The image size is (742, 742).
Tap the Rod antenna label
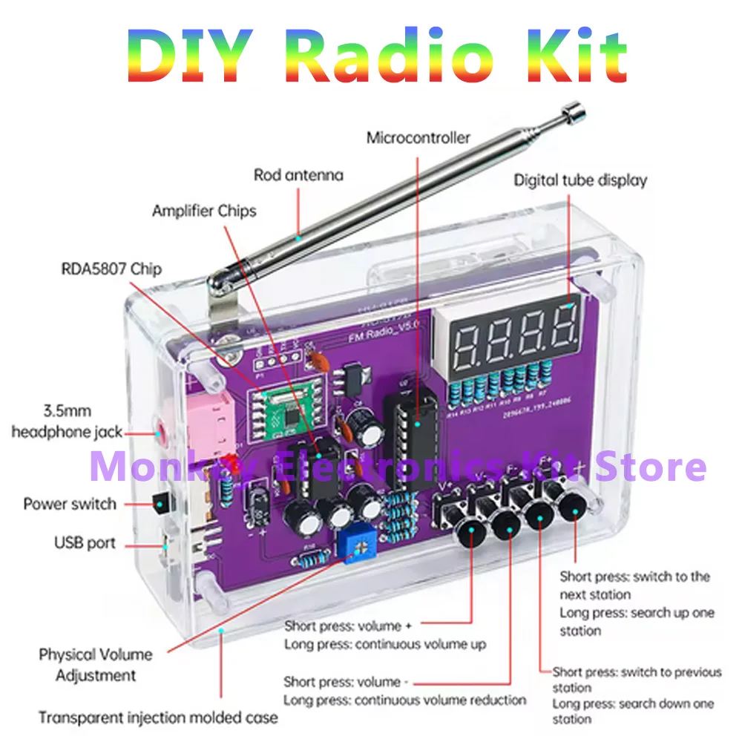[x=298, y=176]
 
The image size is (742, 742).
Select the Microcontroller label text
[x=418, y=138]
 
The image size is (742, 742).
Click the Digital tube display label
[x=580, y=180]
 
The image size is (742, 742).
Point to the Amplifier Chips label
[x=204, y=211]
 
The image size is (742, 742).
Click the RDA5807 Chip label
[x=111, y=268]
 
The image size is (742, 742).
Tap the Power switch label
[x=70, y=504]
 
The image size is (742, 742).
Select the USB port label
[x=85, y=542]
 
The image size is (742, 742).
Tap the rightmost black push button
[x=574, y=510]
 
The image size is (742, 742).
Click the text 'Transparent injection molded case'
[x=158, y=718]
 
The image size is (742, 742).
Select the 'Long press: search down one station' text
[x=634, y=711]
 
